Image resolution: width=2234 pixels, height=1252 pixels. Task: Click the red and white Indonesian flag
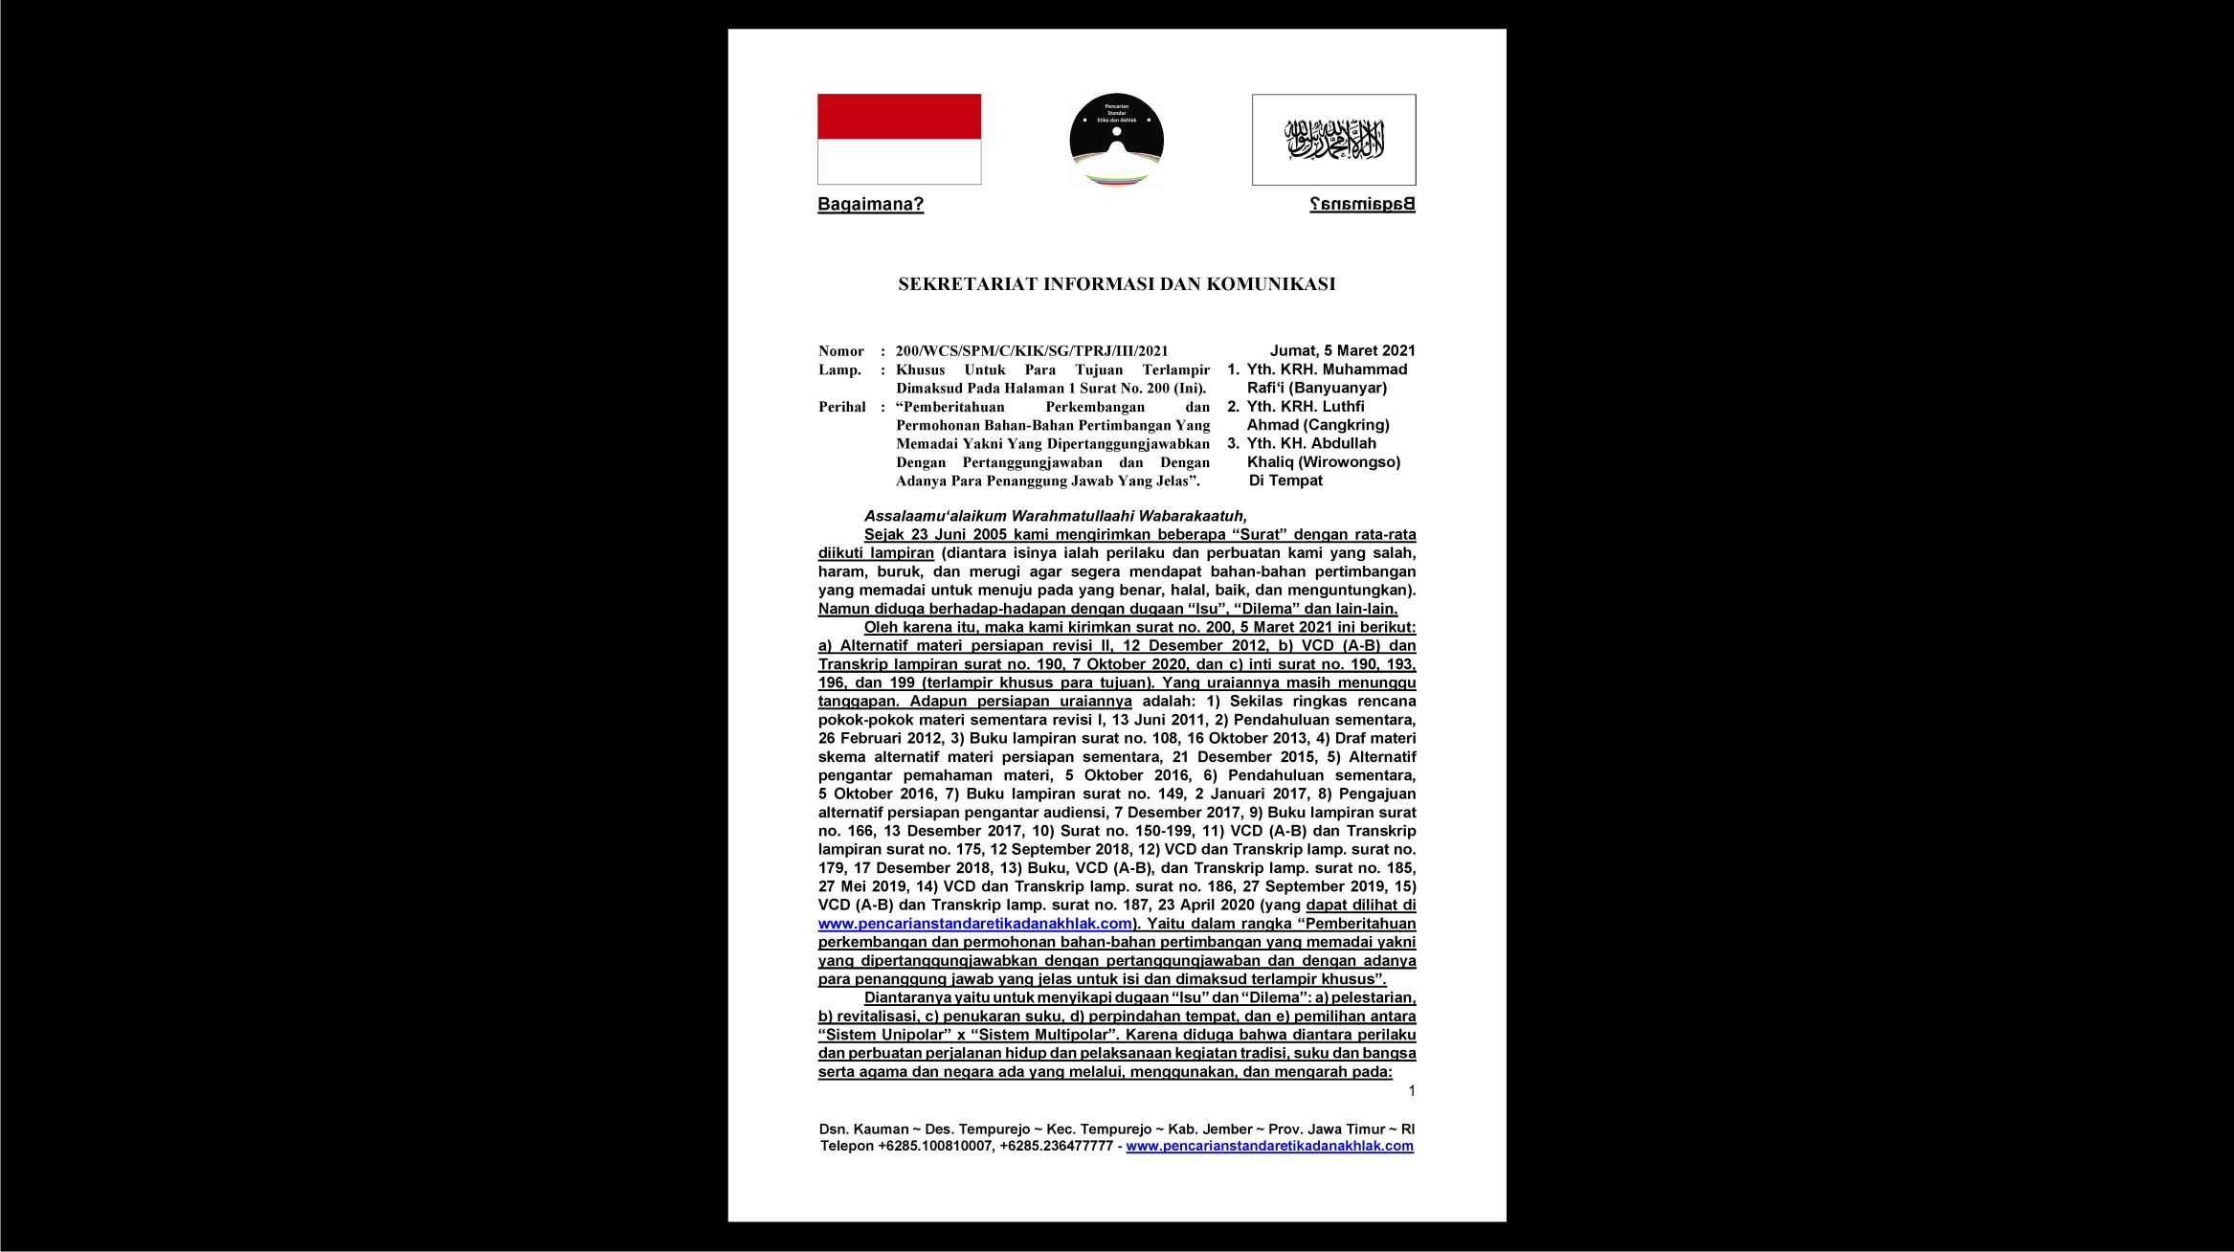(x=899, y=139)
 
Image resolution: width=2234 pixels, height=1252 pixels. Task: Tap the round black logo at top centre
(x=1116, y=141)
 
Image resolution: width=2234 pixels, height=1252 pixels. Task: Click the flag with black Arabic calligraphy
(x=1333, y=140)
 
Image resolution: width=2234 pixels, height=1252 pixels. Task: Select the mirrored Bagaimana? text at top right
(x=1362, y=204)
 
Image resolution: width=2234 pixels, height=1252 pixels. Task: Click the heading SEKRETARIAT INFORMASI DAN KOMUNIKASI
(x=1116, y=284)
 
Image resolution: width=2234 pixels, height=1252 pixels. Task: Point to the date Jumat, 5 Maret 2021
(x=1342, y=350)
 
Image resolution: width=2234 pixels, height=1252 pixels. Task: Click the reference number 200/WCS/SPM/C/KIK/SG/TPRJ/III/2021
(x=1032, y=351)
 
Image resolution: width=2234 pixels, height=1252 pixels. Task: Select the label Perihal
(x=841, y=407)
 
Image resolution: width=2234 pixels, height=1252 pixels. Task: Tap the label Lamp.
(x=839, y=369)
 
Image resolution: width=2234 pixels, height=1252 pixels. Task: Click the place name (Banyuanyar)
(x=1338, y=388)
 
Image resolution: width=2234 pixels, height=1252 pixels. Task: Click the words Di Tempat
(x=1285, y=481)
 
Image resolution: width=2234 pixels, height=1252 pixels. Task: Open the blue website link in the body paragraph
(x=974, y=924)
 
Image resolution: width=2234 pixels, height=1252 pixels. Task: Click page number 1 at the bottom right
(x=1411, y=1091)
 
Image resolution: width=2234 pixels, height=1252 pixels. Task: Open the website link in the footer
(x=1269, y=1146)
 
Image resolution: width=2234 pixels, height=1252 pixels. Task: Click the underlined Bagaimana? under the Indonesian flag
(x=870, y=204)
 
